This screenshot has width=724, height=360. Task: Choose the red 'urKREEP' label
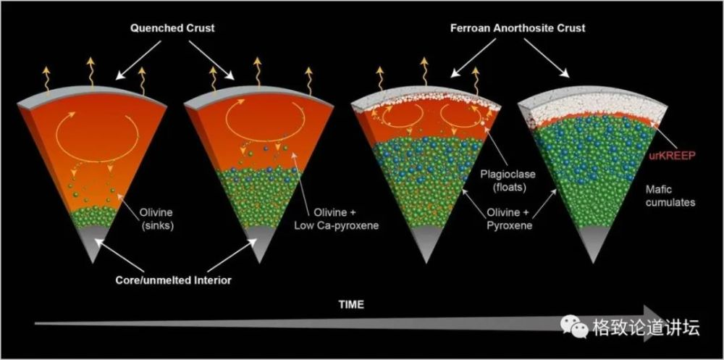click(x=668, y=155)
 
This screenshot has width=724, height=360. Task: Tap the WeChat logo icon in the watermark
click(x=578, y=328)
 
